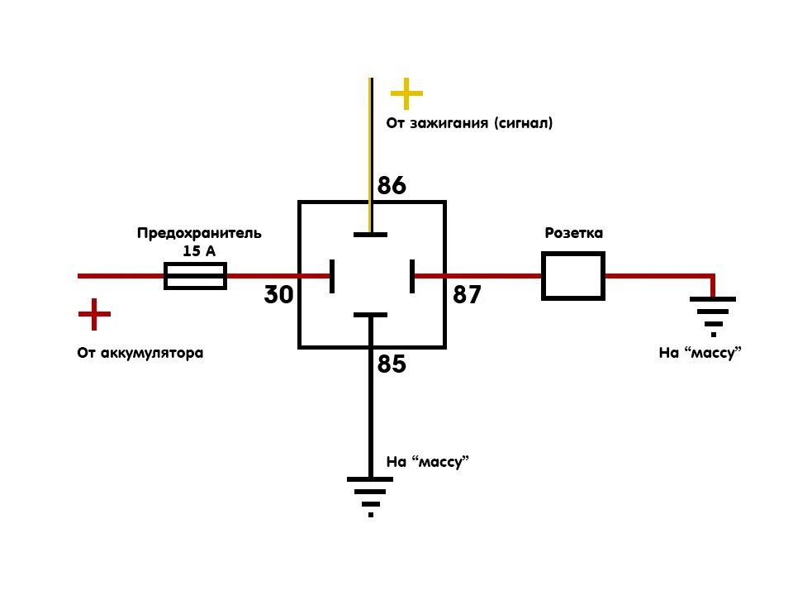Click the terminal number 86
[x=392, y=186]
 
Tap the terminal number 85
[x=392, y=364]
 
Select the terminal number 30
[x=279, y=295]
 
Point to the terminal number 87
[x=467, y=295]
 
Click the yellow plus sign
[x=406, y=94]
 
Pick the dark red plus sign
[x=94, y=314]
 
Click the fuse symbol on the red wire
[x=196, y=276]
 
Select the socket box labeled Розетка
[x=573, y=276]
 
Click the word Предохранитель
[x=199, y=233]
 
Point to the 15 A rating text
[x=198, y=250]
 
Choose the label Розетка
[x=573, y=233]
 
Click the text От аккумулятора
[x=140, y=353]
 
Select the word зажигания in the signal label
[x=452, y=123]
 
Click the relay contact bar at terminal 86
[x=370, y=235]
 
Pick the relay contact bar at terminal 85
[x=370, y=315]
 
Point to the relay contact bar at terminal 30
[x=331, y=276]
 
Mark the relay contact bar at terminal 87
[x=411, y=276]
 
